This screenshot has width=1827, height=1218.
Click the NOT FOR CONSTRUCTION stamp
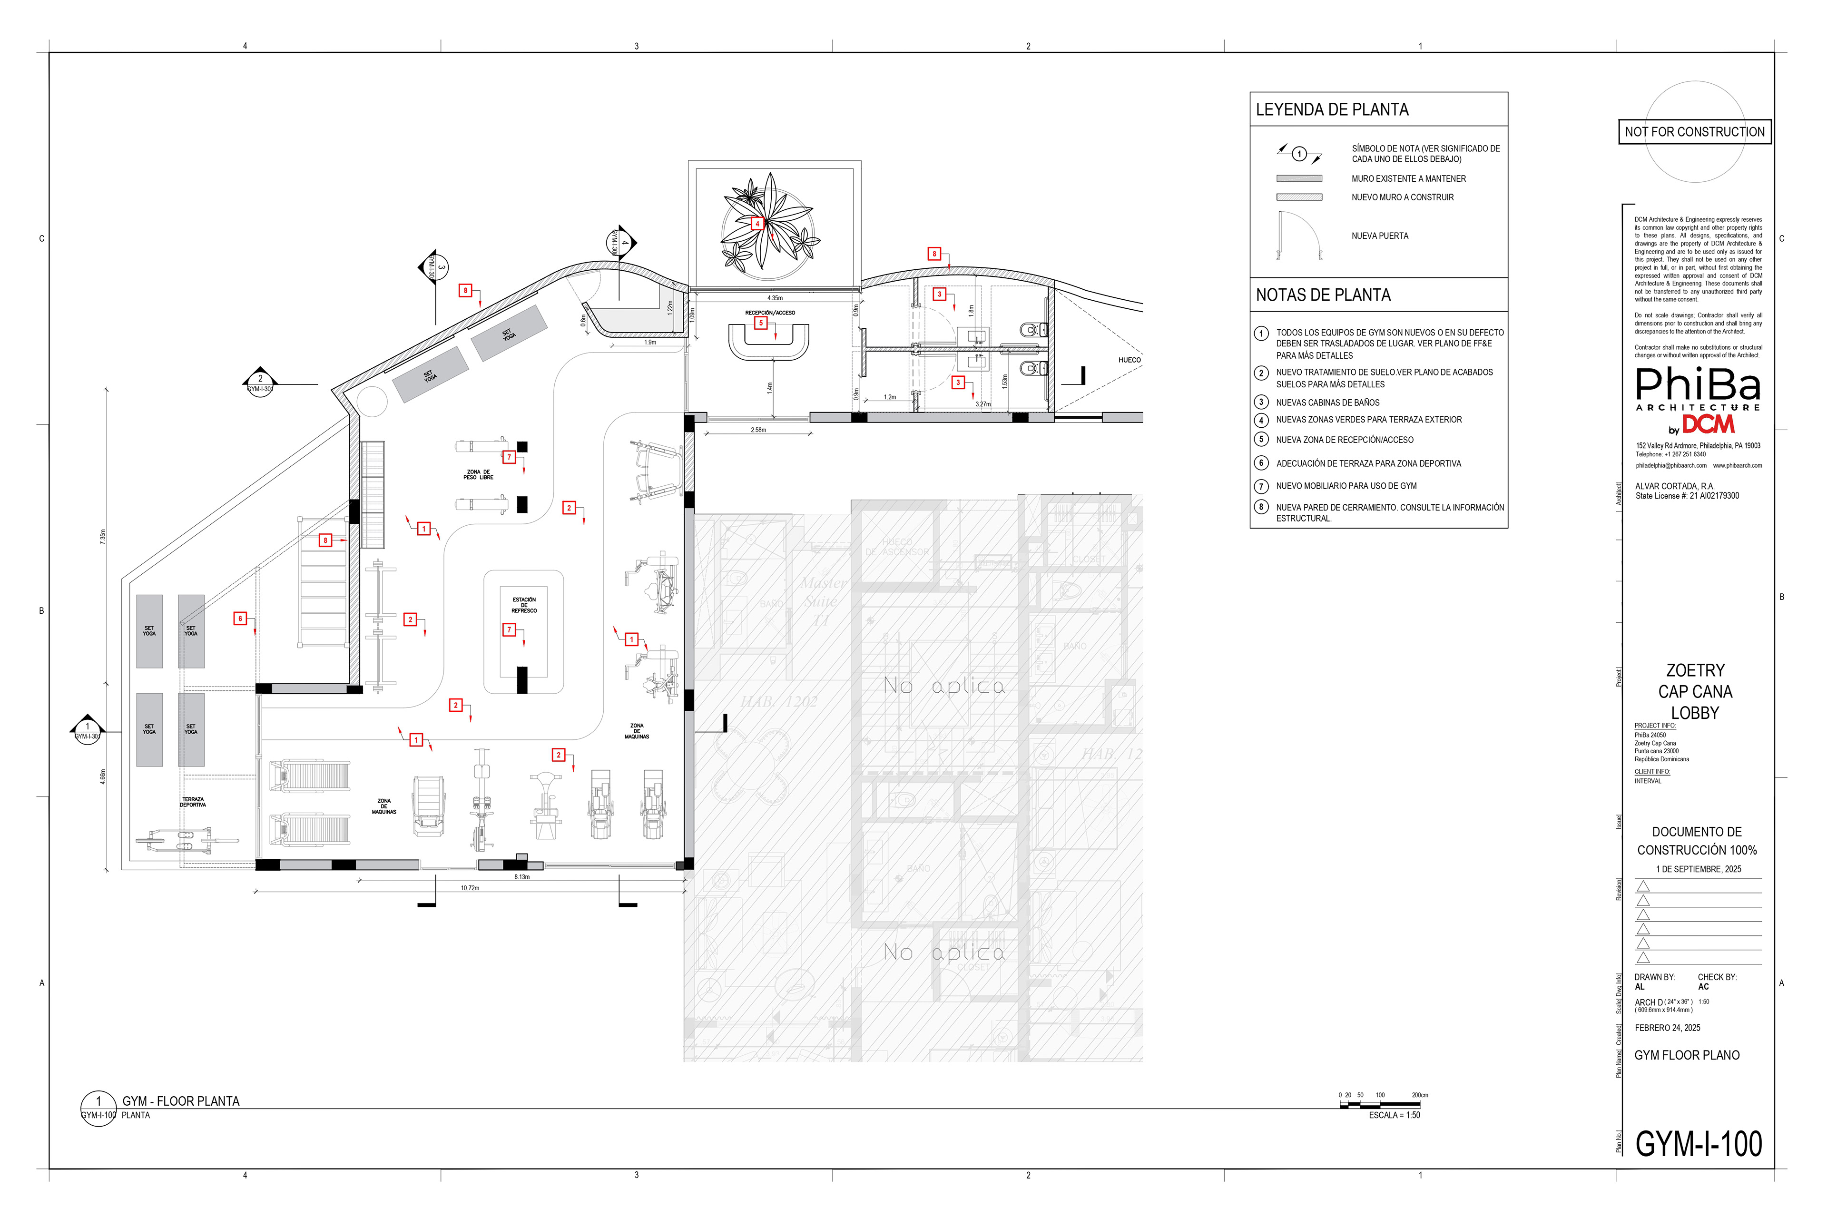click(1694, 132)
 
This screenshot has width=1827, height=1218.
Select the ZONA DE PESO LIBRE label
click(479, 475)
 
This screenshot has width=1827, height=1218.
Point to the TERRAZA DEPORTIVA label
click(193, 802)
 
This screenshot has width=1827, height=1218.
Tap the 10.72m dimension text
click(470, 888)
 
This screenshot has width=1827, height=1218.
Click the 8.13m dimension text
click(522, 877)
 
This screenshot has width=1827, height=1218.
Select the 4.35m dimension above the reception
click(775, 298)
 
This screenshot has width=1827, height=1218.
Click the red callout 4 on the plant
click(757, 224)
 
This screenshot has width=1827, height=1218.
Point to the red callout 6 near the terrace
click(240, 619)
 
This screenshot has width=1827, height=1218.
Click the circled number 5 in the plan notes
click(1261, 440)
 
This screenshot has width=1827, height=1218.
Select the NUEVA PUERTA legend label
click(1380, 236)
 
